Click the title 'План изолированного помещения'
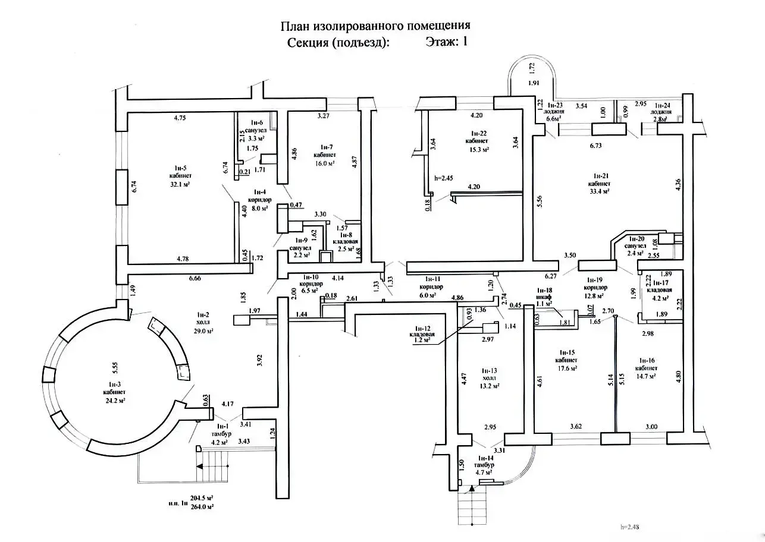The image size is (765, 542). (375, 26)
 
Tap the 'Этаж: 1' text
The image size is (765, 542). (446, 42)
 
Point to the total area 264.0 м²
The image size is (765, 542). (202, 506)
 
